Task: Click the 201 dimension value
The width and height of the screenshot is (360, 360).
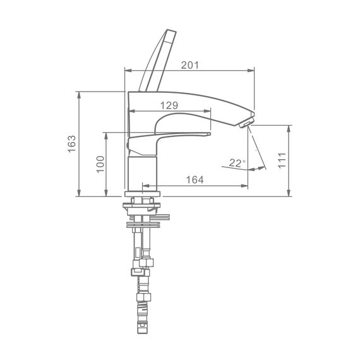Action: point(189,65)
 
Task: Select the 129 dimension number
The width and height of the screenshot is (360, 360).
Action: point(169,105)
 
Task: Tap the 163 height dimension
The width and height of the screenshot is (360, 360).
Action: point(71,144)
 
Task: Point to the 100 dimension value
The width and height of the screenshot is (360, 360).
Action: point(100,164)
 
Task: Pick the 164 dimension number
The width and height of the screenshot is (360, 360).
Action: point(195,180)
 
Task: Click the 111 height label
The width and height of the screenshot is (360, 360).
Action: point(282,160)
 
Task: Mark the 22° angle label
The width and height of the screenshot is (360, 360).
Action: point(237,163)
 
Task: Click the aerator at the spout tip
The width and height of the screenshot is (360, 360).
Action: point(246,123)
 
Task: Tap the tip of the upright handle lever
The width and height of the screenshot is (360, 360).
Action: point(172,30)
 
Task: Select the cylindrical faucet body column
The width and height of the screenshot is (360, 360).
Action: point(142,174)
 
